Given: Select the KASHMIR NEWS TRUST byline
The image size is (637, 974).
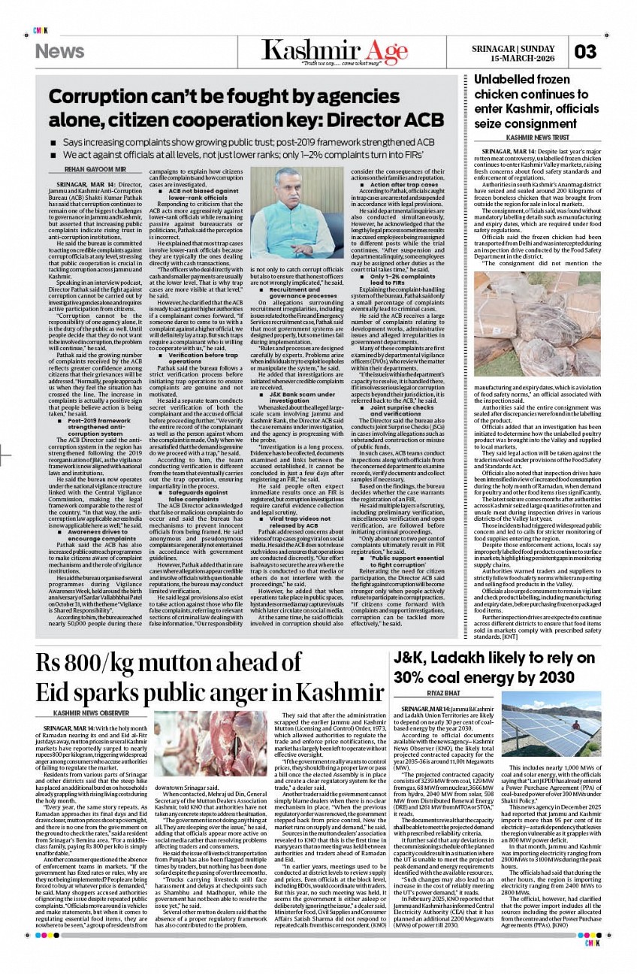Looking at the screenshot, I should click(537, 138).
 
